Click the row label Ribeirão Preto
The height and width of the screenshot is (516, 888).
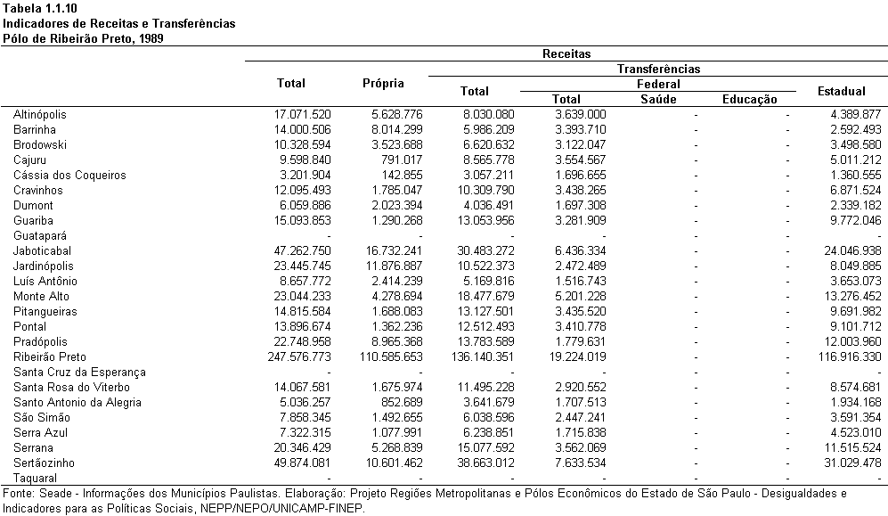tap(50, 356)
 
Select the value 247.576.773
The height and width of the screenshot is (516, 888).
tap(299, 356)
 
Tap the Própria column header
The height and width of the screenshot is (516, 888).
tap(383, 83)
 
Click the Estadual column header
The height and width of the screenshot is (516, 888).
tap(841, 91)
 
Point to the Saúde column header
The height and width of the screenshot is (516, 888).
tap(658, 99)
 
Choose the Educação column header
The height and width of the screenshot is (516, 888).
tap(749, 99)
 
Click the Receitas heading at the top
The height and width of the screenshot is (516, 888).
tap(566, 53)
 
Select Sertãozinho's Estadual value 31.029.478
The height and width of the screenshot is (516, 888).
tap(852, 463)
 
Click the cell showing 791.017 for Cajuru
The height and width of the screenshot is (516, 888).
tap(402, 160)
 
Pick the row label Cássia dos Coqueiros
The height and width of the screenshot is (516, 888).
tap(69, 175)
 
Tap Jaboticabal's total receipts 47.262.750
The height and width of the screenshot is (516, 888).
tap(302, 250)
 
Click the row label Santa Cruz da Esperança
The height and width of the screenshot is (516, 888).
tap(79, 373)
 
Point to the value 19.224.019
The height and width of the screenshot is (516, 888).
tap(577, 356)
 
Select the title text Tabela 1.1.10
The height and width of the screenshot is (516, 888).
tap(40, 9)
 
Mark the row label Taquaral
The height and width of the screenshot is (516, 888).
tap(35, 478)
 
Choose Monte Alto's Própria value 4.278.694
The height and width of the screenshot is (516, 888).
tap(396, 296)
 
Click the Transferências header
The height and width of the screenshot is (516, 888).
tap(658, 70)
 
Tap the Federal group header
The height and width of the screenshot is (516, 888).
tap(658, 85)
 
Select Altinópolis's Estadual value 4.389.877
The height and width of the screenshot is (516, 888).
tap(856, 114)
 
